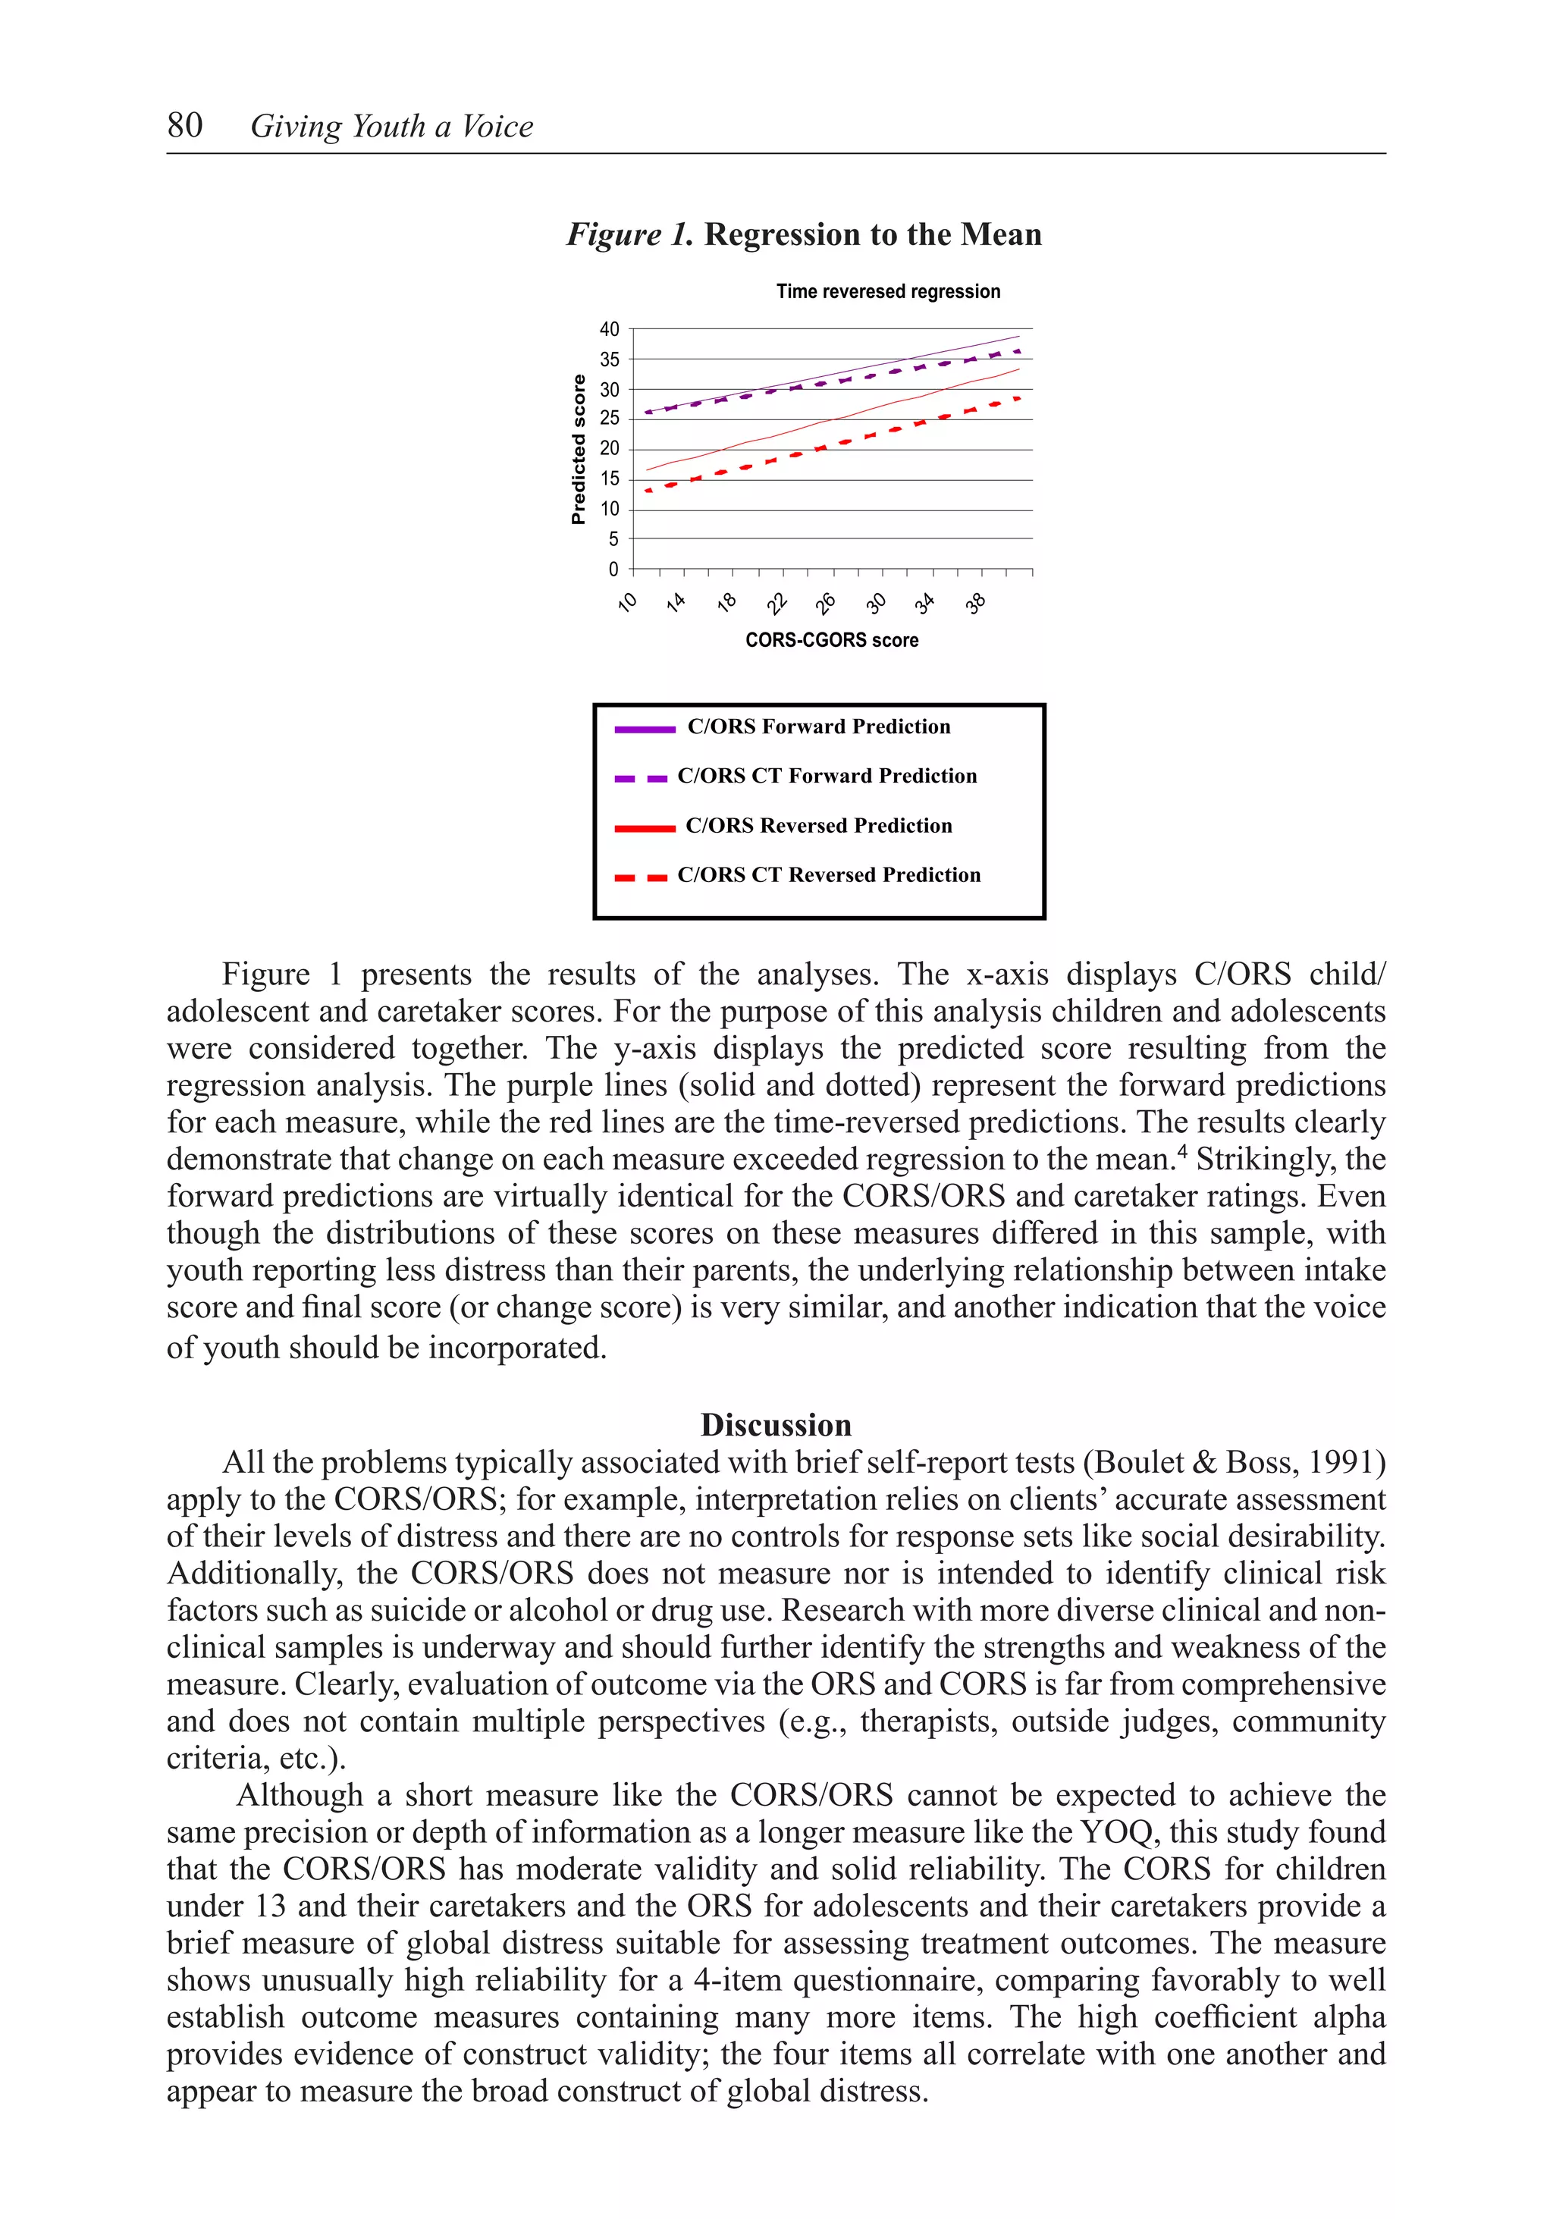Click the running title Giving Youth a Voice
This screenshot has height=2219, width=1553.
click(391, 127)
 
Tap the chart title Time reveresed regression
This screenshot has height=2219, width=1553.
click(887, 291)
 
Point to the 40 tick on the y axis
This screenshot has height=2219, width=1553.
click(609, 330)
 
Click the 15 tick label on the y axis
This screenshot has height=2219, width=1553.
click(609, 479)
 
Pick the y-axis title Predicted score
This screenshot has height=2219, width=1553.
click(579, 450)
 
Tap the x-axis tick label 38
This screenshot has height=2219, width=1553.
click(976, 604)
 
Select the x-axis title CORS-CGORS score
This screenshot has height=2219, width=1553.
click(831, 640)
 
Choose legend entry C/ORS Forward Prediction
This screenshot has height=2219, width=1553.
click(817, 727)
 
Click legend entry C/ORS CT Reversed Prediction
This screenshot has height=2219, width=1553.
click(828, 874)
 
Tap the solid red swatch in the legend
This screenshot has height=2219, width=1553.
click(644, 828)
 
